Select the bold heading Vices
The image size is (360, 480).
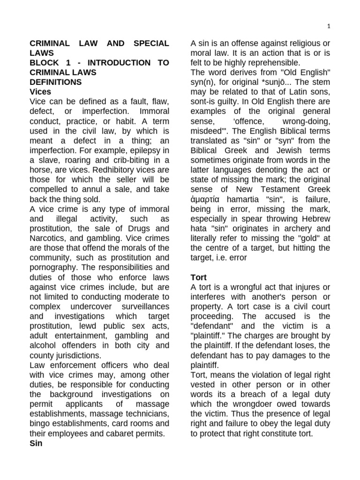click(x=40, y=92)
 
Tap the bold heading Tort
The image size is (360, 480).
click(x=198, y=277)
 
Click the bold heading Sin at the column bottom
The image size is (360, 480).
click(x=36, y=443)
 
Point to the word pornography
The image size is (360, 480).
click(x=52, y=268)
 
